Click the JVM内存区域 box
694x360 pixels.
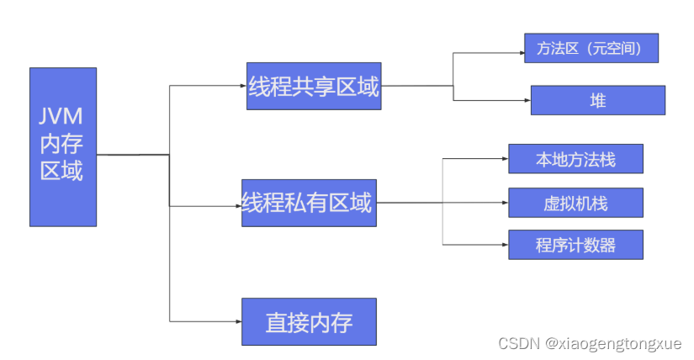[63, 146]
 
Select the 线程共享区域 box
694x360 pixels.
[314, 86]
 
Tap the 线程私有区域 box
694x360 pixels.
[309, 203]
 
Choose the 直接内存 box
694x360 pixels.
[309, 321]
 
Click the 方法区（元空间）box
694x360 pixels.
[591, 48]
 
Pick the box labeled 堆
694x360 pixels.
[598, 100]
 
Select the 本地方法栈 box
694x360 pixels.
[575, 159]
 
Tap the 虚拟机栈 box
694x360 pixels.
[575, 203]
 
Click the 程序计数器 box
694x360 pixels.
[575, 245]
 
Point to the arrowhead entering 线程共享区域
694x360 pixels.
[242, 86]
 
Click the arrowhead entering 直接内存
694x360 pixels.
[237, 320]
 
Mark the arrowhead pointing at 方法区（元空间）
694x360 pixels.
[519, 53]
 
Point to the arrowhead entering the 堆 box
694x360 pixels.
[526, 101]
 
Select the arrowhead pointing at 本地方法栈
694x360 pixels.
[504, 157]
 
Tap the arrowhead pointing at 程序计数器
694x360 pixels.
[504, 245]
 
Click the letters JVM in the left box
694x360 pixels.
[63, 116]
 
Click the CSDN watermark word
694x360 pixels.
[518, 343]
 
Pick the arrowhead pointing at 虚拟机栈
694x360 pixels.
[504, 203]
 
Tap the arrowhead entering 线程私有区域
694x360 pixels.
[237, 205]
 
